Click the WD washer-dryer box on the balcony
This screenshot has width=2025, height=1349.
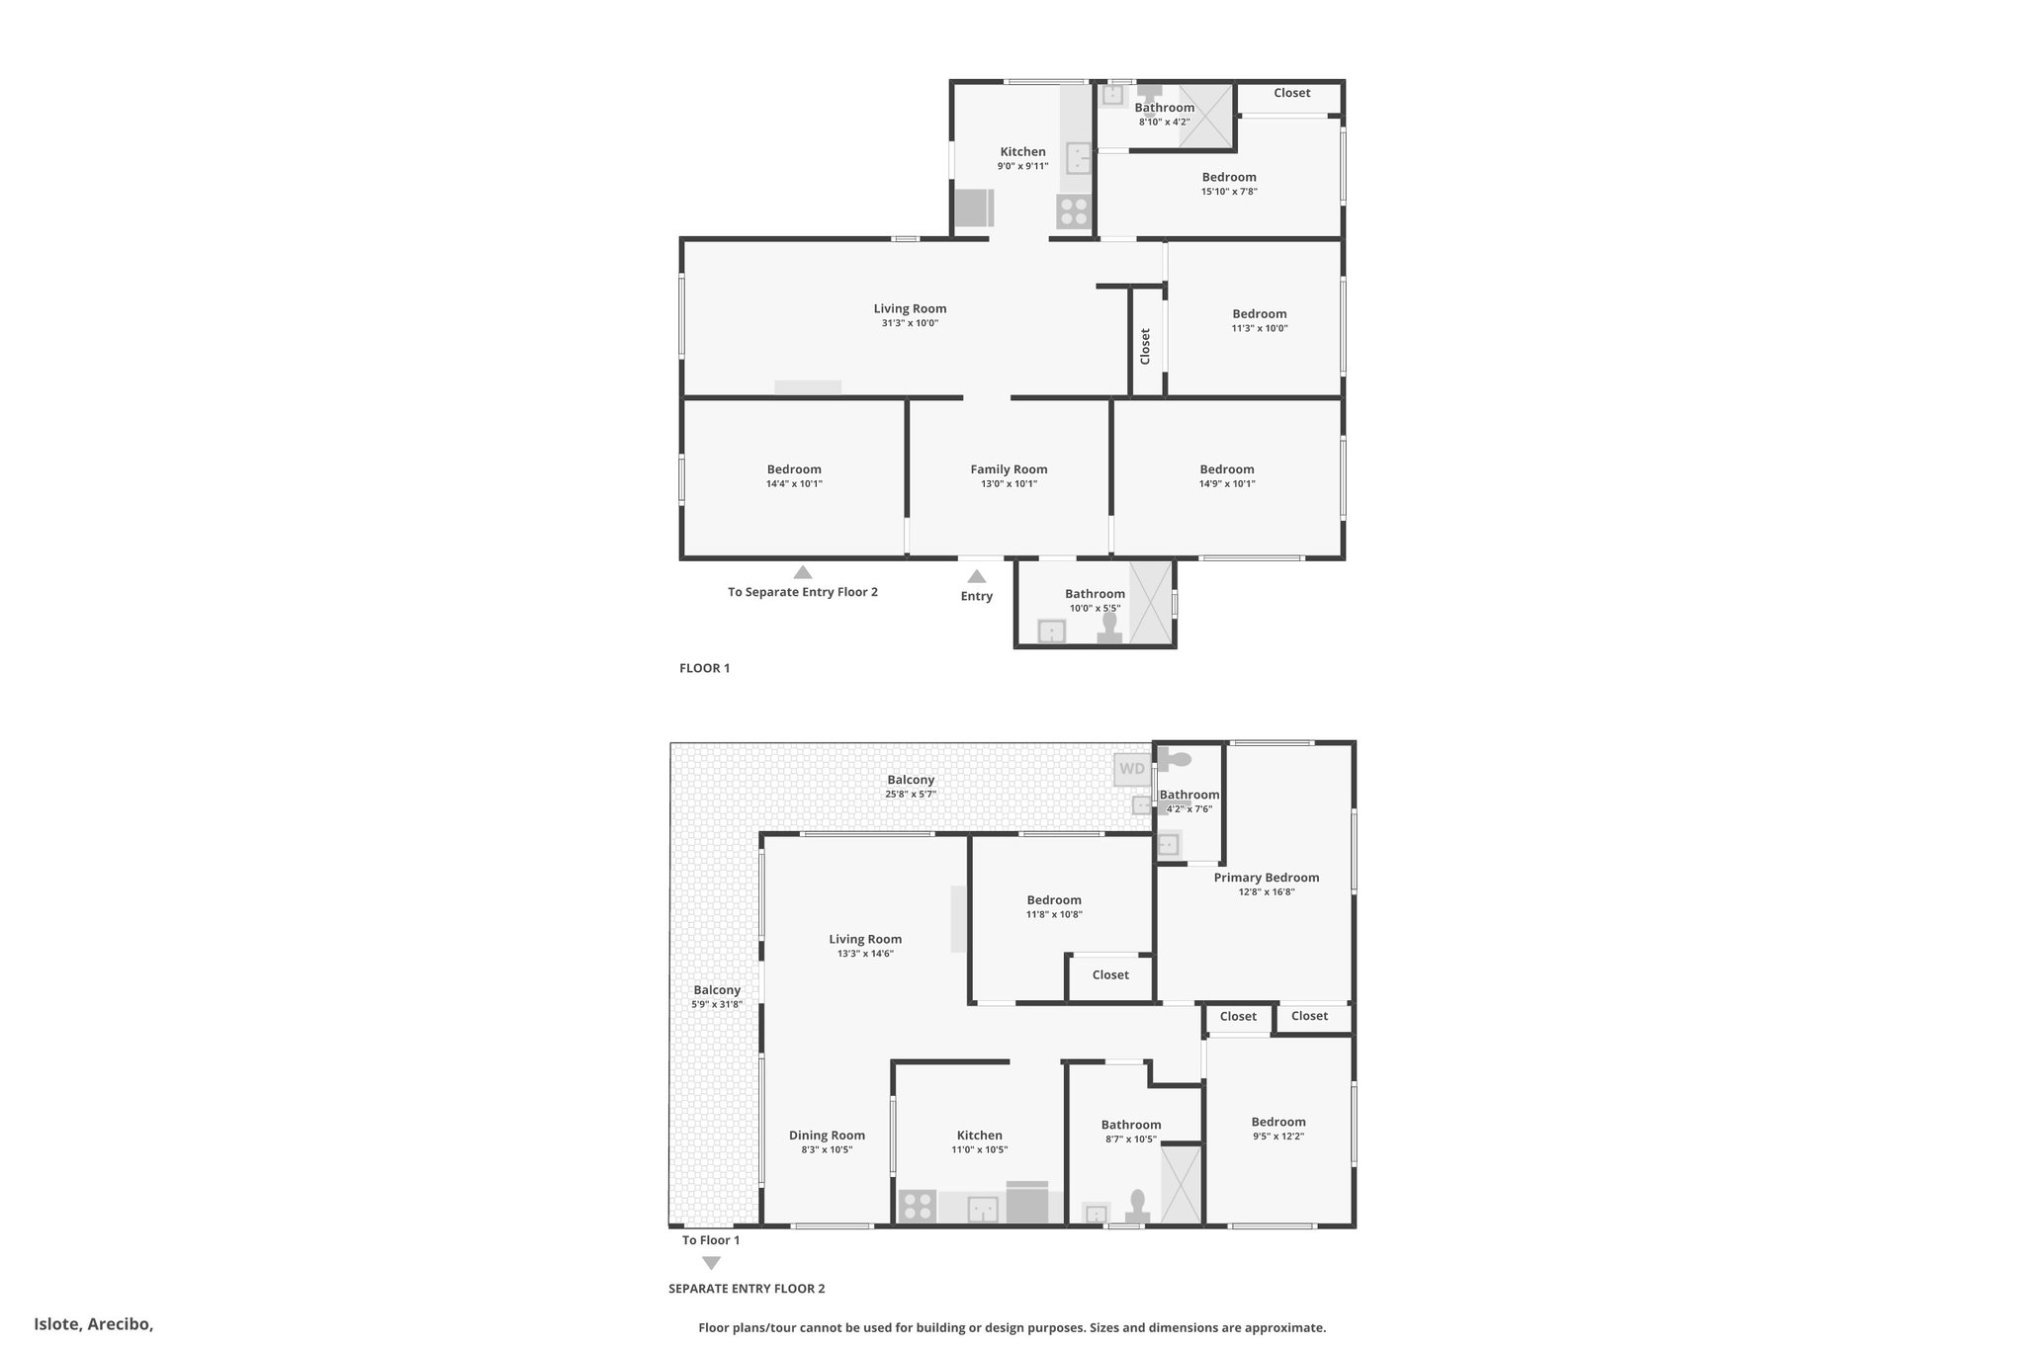1132,769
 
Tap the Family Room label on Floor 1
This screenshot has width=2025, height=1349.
1009,469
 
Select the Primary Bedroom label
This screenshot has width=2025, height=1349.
1267,878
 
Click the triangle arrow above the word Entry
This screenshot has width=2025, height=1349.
977,576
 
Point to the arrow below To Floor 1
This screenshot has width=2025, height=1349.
711,1263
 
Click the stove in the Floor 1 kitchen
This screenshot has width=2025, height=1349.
1073,212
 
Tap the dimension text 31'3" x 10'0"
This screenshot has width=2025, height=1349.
910,323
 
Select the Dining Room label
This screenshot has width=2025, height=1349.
827,1136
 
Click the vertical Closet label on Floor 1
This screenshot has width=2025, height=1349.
1145,347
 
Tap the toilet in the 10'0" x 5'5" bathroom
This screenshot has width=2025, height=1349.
1109,629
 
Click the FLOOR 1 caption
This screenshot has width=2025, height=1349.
704,668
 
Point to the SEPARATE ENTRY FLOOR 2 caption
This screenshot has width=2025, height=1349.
747,1289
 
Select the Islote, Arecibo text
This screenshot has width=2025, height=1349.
94,1324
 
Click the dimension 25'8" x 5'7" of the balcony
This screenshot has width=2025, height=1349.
911,795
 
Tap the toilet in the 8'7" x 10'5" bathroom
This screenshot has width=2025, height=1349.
1137,1207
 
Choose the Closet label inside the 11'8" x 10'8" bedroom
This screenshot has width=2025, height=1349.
1110,975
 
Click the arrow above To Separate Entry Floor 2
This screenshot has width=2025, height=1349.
803,572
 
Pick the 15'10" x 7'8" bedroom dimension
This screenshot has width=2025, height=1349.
1229,192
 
